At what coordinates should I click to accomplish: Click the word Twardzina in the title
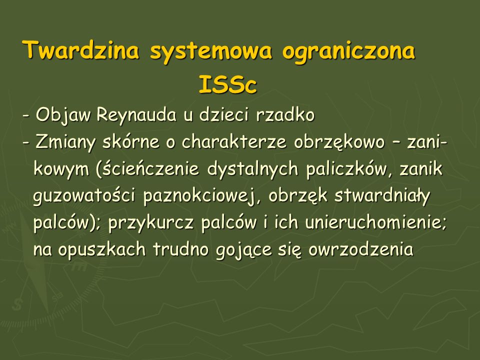[x=81, y=49]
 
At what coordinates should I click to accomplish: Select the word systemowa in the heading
[x=210, y=52]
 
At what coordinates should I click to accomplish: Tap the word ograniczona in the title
[x=348, y=52]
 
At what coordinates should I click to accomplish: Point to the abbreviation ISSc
[x=227, y=84]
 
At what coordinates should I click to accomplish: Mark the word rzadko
[x=285, y=115]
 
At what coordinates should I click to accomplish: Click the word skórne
[x=130, y=141]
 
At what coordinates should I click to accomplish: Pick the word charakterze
[x=234, y=141]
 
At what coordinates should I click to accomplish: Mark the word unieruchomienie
[x=375, y=222]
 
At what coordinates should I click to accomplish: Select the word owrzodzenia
[x=361, y=249]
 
